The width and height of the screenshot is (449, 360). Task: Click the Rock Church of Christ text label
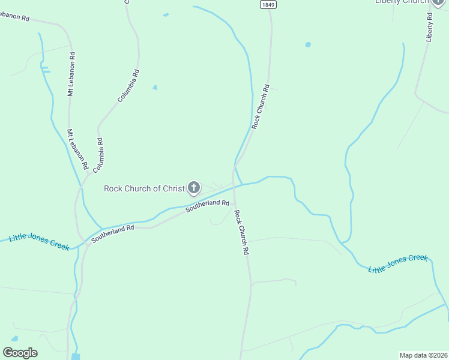(x=144, y=188)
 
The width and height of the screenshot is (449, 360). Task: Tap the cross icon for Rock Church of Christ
(x=194, y=188)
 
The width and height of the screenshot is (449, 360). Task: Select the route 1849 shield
(x=268, y=4)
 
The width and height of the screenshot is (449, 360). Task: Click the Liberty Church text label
(x=402, y=2)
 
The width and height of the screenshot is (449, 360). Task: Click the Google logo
(x=20, y=353)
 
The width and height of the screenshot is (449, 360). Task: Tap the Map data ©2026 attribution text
(x=423, y=355)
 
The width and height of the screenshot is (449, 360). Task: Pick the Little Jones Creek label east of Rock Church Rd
(x=398, y=262)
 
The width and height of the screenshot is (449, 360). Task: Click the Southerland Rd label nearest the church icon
(x=208, y=205)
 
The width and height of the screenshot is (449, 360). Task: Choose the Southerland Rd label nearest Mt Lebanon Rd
(x=112, y=234)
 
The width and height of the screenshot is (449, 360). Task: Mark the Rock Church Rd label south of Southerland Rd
(x=241, y=233)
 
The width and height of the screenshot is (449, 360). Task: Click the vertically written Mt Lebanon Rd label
(x=71, y=75)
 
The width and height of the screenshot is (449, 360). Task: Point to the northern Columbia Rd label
(x=128, y=86)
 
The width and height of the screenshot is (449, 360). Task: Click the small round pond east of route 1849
(x=308, y=44)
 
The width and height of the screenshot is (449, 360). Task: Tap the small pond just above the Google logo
(x=14, y=339)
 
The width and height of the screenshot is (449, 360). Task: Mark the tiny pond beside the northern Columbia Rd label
(x=155, y=88)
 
